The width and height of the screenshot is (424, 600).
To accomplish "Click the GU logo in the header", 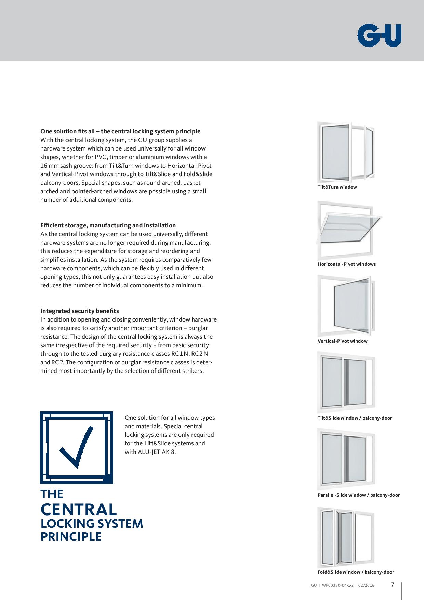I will point(379,35).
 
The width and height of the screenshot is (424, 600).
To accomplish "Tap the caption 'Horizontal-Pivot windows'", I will point(346,264).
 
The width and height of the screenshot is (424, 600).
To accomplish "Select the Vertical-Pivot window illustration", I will point(346,305).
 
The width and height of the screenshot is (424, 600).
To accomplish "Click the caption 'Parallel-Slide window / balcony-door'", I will point(358,495).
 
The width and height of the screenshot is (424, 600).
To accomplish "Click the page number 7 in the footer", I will point(393,585).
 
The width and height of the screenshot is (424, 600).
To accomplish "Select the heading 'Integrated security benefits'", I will point(80,311).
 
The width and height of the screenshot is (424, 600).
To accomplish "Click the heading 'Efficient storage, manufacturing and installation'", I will point(108,225).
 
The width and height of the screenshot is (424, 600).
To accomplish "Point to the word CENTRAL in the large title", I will point(79,509).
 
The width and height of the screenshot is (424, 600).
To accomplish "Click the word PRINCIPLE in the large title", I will point(71,537).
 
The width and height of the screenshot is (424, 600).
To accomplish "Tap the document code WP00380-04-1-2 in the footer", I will point(337,585).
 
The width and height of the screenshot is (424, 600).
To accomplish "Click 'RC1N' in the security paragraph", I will point(180,354).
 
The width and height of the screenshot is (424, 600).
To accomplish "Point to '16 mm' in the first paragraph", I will point(49,166).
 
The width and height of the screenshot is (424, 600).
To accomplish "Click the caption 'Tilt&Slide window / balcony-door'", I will point(355,418).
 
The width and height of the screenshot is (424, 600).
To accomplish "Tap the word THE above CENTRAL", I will point(52,494).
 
